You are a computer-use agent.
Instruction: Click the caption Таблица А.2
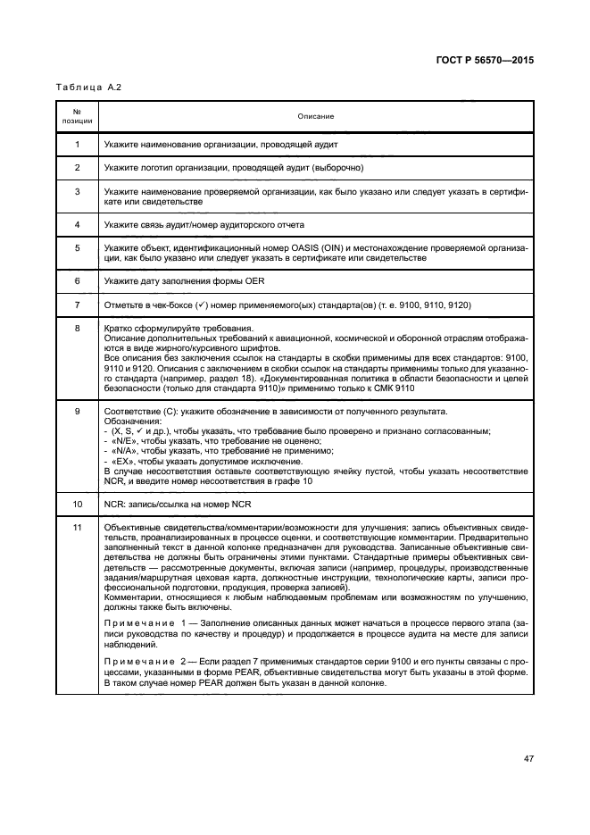click(x=88, y=88)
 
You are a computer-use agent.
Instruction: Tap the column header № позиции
click(x=77, y=116)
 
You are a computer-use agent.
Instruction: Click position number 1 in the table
click(x=77, y=144)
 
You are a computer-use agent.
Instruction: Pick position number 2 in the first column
click(x=77, y=167)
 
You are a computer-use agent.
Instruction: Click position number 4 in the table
click(x=77, y=224)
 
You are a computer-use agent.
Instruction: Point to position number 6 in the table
click(x=77, y=280)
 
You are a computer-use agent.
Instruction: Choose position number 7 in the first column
click(x=77, y=304)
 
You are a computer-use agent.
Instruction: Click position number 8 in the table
click(x=77, y=328)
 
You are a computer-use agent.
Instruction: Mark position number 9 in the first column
click(x=77, y=410)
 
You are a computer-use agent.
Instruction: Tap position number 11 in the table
click(x=77, y=527)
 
